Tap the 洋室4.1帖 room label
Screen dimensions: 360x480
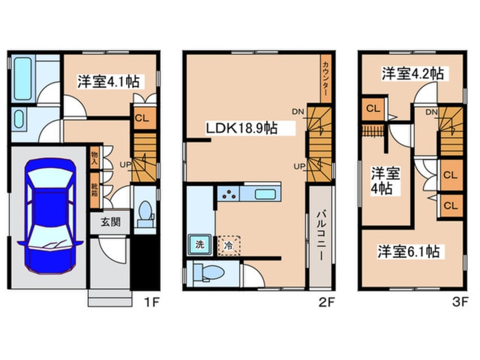coord(108,82)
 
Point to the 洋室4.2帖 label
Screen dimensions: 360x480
coord(412,73)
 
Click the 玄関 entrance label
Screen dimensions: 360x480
coord(111,222)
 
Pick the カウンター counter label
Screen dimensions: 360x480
coord(326,77)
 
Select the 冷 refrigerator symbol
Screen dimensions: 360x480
coord(229,245)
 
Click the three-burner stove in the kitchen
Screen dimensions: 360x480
coord(228,194)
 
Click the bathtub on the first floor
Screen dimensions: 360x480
coord(23,78)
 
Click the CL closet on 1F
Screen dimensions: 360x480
coord(140,120)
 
